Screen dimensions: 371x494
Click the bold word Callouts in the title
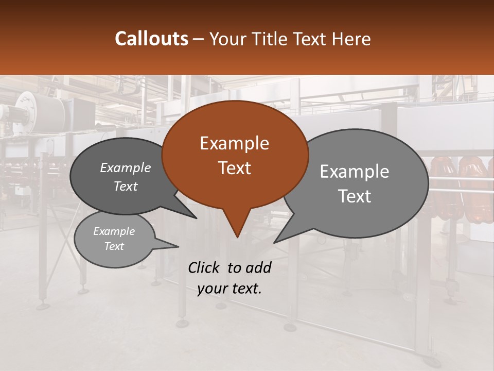pyautogui.click(x=151, y=39)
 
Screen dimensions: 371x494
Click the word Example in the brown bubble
pyautogui.click(x=234, y=143)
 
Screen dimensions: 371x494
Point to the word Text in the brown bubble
pyautogui.click(x=234, y=167)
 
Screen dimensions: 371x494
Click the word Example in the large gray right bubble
pyautogui.click(x=355, y=172)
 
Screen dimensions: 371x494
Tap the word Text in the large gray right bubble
pyautogui.click(x=355, y=196)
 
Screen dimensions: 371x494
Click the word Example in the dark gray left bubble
pyautogui.click(x=126, y=167)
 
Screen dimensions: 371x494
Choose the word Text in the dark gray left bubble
pyautogui.click(x=126, y=186)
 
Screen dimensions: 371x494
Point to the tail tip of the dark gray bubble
pyautogui.click(x=196, y=217)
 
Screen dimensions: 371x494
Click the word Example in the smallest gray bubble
pyautogui.click(x=114, y=231)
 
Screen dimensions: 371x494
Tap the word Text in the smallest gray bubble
pyautogui.click(x=114, y=246)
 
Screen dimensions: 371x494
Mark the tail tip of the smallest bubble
pyautogui.click(x=178, y=246)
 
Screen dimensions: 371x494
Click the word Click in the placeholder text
pyautogui.click(x=205, y=267)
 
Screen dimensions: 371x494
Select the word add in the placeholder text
pyautogui.click(x=258, y=267)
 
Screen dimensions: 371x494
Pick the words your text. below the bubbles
pyautogui.click(x=230, y=289)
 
